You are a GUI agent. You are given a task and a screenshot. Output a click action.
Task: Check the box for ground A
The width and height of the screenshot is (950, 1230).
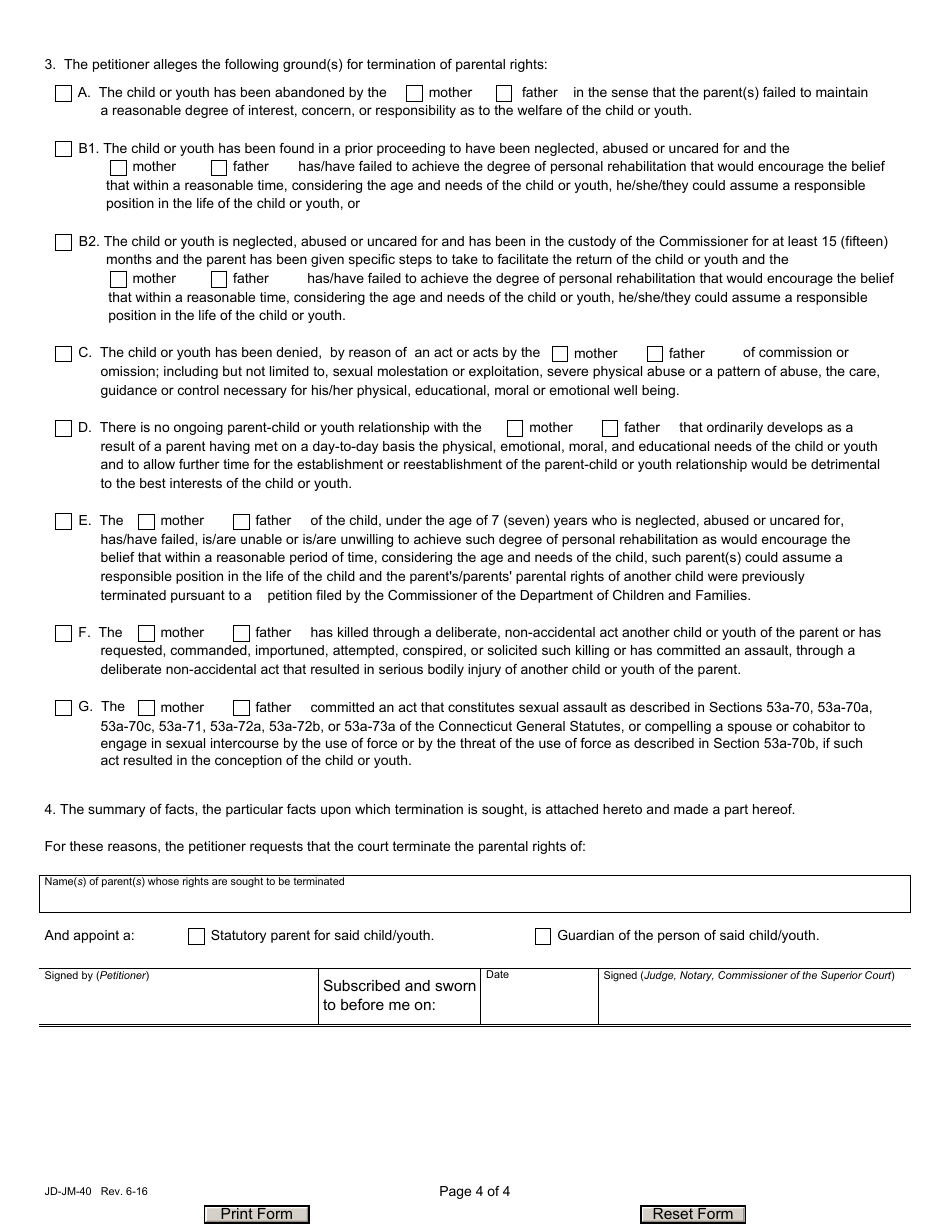click(63, 93)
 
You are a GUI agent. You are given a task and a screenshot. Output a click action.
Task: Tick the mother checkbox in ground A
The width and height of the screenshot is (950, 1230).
click(414, 93)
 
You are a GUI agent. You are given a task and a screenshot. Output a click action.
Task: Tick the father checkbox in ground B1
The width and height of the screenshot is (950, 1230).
click(219, 167)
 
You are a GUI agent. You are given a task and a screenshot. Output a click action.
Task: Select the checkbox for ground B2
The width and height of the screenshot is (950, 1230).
click(63, 242)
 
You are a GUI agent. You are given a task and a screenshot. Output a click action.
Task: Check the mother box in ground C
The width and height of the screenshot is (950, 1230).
click(560, 354)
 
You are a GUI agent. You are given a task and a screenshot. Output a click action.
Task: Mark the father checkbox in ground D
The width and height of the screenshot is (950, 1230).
click(610, 428)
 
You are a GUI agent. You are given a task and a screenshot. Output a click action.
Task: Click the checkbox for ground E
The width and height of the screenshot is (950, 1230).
click(63, 521)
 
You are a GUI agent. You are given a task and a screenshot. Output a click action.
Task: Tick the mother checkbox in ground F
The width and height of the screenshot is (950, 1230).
click(146, 633)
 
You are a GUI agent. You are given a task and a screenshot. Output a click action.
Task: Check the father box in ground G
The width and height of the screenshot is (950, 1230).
click(241, 708)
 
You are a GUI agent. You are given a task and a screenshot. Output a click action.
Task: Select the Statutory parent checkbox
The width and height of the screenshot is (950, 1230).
click(196, 937)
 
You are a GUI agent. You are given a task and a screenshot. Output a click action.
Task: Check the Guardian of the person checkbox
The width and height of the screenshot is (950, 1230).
click(543, 937)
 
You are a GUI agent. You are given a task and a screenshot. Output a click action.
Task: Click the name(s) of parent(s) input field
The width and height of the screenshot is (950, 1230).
click(474, 899)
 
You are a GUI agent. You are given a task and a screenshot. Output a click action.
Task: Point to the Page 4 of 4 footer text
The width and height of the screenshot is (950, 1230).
click(474, 1190)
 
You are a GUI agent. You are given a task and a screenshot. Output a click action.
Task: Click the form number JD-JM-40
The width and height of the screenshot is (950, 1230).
click(65, 1191)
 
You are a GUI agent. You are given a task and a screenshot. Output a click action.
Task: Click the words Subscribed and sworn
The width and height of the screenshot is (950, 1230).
click(399, 986)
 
